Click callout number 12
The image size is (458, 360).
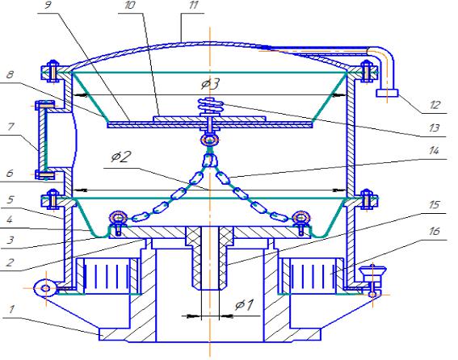pos(435,105)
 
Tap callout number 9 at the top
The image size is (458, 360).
pos(48,6)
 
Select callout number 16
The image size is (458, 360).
pos(435,231)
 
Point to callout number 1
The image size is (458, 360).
pos(11,309)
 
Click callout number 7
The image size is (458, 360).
pos(11,127)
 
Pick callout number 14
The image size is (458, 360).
pos(434,151)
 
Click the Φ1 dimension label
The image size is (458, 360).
pos(245,305)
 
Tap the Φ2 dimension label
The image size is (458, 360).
pos(120,157)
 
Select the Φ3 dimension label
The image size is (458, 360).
pos(210,84)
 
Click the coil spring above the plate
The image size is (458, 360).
pos(211,106)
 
